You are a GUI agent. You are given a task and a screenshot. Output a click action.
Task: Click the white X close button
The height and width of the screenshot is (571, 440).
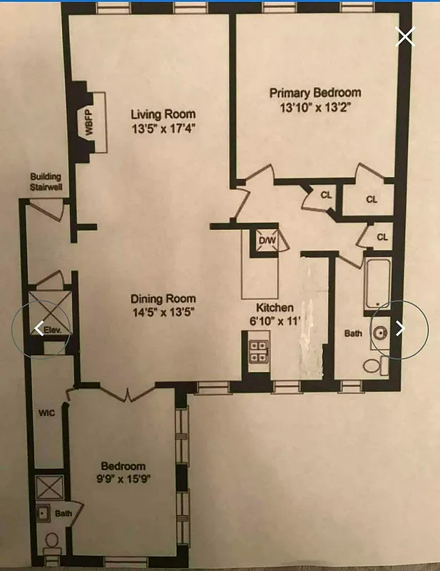pos(405,36)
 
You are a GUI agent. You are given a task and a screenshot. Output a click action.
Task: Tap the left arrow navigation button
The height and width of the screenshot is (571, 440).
pos(40,328)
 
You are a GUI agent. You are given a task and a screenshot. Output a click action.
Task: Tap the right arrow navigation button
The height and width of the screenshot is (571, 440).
pos(401,328)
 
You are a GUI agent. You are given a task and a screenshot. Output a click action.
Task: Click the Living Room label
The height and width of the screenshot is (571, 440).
pos(163,114)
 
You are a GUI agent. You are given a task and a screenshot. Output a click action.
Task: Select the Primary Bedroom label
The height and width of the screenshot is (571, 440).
pos(314,93)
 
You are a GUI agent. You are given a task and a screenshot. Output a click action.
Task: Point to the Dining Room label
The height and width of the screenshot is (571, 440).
pos(163,298)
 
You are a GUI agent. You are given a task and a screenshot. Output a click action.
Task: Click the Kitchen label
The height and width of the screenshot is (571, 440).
pos(277,308)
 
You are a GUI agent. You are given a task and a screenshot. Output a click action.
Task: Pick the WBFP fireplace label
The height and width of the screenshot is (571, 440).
pos(90,121)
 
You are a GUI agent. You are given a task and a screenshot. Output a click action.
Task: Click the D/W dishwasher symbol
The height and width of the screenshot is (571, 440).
pos(267,241)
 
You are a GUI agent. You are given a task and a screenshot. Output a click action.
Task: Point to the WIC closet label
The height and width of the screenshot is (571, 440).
pos(46,413)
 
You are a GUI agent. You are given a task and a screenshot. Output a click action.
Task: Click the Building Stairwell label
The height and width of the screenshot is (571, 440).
pos(46,182)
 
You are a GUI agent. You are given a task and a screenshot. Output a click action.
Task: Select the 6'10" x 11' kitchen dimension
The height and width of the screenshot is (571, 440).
pos(277,320)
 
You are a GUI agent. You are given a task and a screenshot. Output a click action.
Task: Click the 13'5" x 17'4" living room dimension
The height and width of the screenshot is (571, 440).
pos(163,128)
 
